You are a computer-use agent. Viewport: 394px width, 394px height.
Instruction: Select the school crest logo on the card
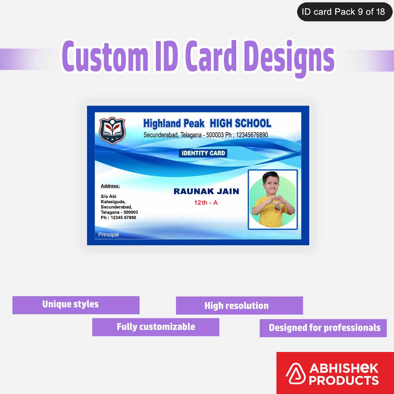tap(112, 131)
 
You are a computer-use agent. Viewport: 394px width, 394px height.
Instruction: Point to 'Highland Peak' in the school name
tap(174, 123)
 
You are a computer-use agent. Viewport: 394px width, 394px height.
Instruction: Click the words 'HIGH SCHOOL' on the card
tap(240, 123)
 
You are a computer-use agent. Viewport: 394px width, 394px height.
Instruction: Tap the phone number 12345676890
tap(252, 135)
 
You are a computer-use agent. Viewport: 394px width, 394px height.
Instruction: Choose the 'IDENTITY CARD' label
tap(203, 153)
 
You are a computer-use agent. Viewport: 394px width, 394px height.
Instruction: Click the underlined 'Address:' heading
tap(110, 186)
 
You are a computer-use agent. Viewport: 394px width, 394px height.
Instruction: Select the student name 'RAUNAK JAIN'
tap(206, 191)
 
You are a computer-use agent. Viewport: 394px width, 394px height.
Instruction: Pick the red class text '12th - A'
tap(206, 203)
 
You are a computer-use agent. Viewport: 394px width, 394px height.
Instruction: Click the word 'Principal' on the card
tap(108, 234)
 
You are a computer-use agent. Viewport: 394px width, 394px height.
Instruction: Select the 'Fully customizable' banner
tap(156, 327)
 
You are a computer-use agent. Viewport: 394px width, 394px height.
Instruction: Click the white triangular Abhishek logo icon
tap(295, 374)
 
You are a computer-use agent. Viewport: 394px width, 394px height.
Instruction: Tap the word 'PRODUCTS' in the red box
tap(344, 381)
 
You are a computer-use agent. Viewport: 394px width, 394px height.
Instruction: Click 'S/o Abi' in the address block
tap(108, 196)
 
